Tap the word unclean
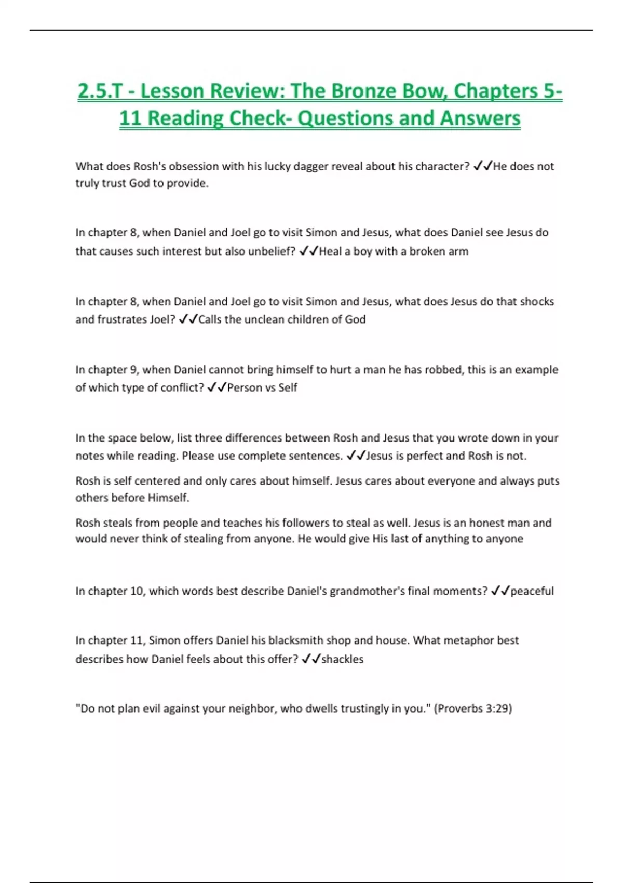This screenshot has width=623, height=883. tap(267, 319)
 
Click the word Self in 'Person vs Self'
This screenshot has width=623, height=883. tap(288, 387)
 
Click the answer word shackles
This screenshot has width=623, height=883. tap(343, 659)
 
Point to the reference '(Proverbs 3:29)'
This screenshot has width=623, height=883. tap(473, 708)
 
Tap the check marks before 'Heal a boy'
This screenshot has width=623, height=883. tap(309, 251)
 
